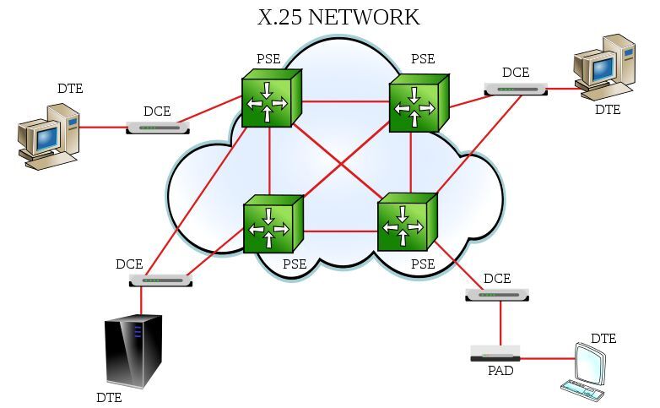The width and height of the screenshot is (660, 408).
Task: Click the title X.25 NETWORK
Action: pos(338,17)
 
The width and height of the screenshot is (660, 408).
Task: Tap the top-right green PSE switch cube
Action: pos(418,104)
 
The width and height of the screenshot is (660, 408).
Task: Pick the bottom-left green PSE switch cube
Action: pos(272,225)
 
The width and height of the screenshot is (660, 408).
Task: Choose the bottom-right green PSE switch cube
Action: pos(406,223)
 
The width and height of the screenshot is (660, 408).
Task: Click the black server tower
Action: pos(132,350)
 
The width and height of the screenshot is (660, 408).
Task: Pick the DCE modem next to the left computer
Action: pos(158,128)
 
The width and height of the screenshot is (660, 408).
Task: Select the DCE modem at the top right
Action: pos(516,89)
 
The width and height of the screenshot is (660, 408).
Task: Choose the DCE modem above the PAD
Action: pos(496,294)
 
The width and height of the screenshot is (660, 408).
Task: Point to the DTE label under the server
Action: pos(109,397)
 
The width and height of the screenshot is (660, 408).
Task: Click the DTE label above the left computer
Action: pos(70,88)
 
